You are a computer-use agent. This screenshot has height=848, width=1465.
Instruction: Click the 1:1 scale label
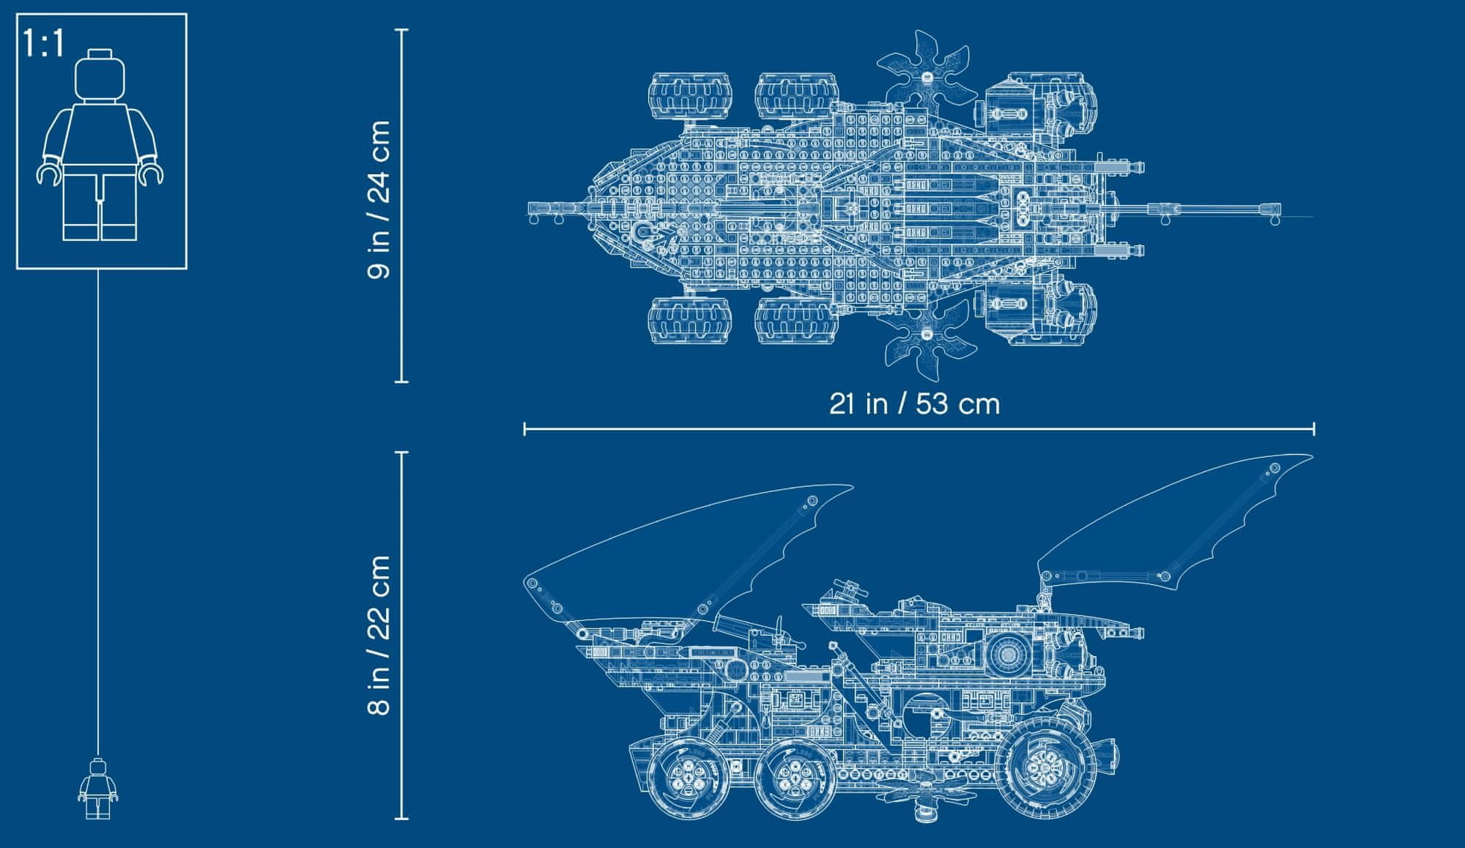pos(43,43)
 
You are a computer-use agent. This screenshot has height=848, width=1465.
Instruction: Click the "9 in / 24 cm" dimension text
pos(379,199)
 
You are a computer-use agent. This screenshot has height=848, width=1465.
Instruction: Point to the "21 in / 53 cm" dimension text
pos(914,403)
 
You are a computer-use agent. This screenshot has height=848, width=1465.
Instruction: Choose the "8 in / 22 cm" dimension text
pos(379,634)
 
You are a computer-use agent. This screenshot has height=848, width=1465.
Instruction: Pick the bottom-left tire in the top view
pos(689,321)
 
